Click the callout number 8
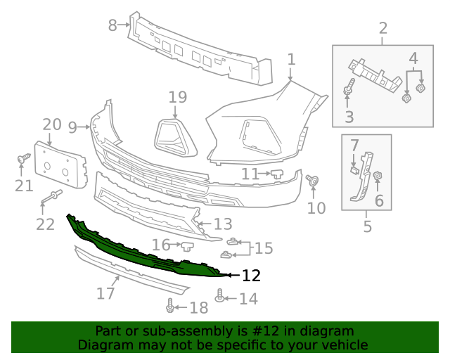click(x=112, y=25)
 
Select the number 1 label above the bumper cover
click(x=291, y=60)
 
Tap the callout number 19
click(x=177, y=97)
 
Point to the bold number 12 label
click(x=251, y=276)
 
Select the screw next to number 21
click(x=23, y=160)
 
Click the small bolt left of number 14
click(x=221, y=296)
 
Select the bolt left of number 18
click(x=170, y=306)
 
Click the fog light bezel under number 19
click(x=174, y=135)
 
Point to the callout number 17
click(x=105, y=292)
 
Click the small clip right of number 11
click(x=276, y=172)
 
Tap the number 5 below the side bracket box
click(x=367, y=226)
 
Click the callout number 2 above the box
click(x=383, y=28)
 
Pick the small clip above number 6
click(x=378, y=176)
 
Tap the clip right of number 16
click(x=187, y=245)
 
